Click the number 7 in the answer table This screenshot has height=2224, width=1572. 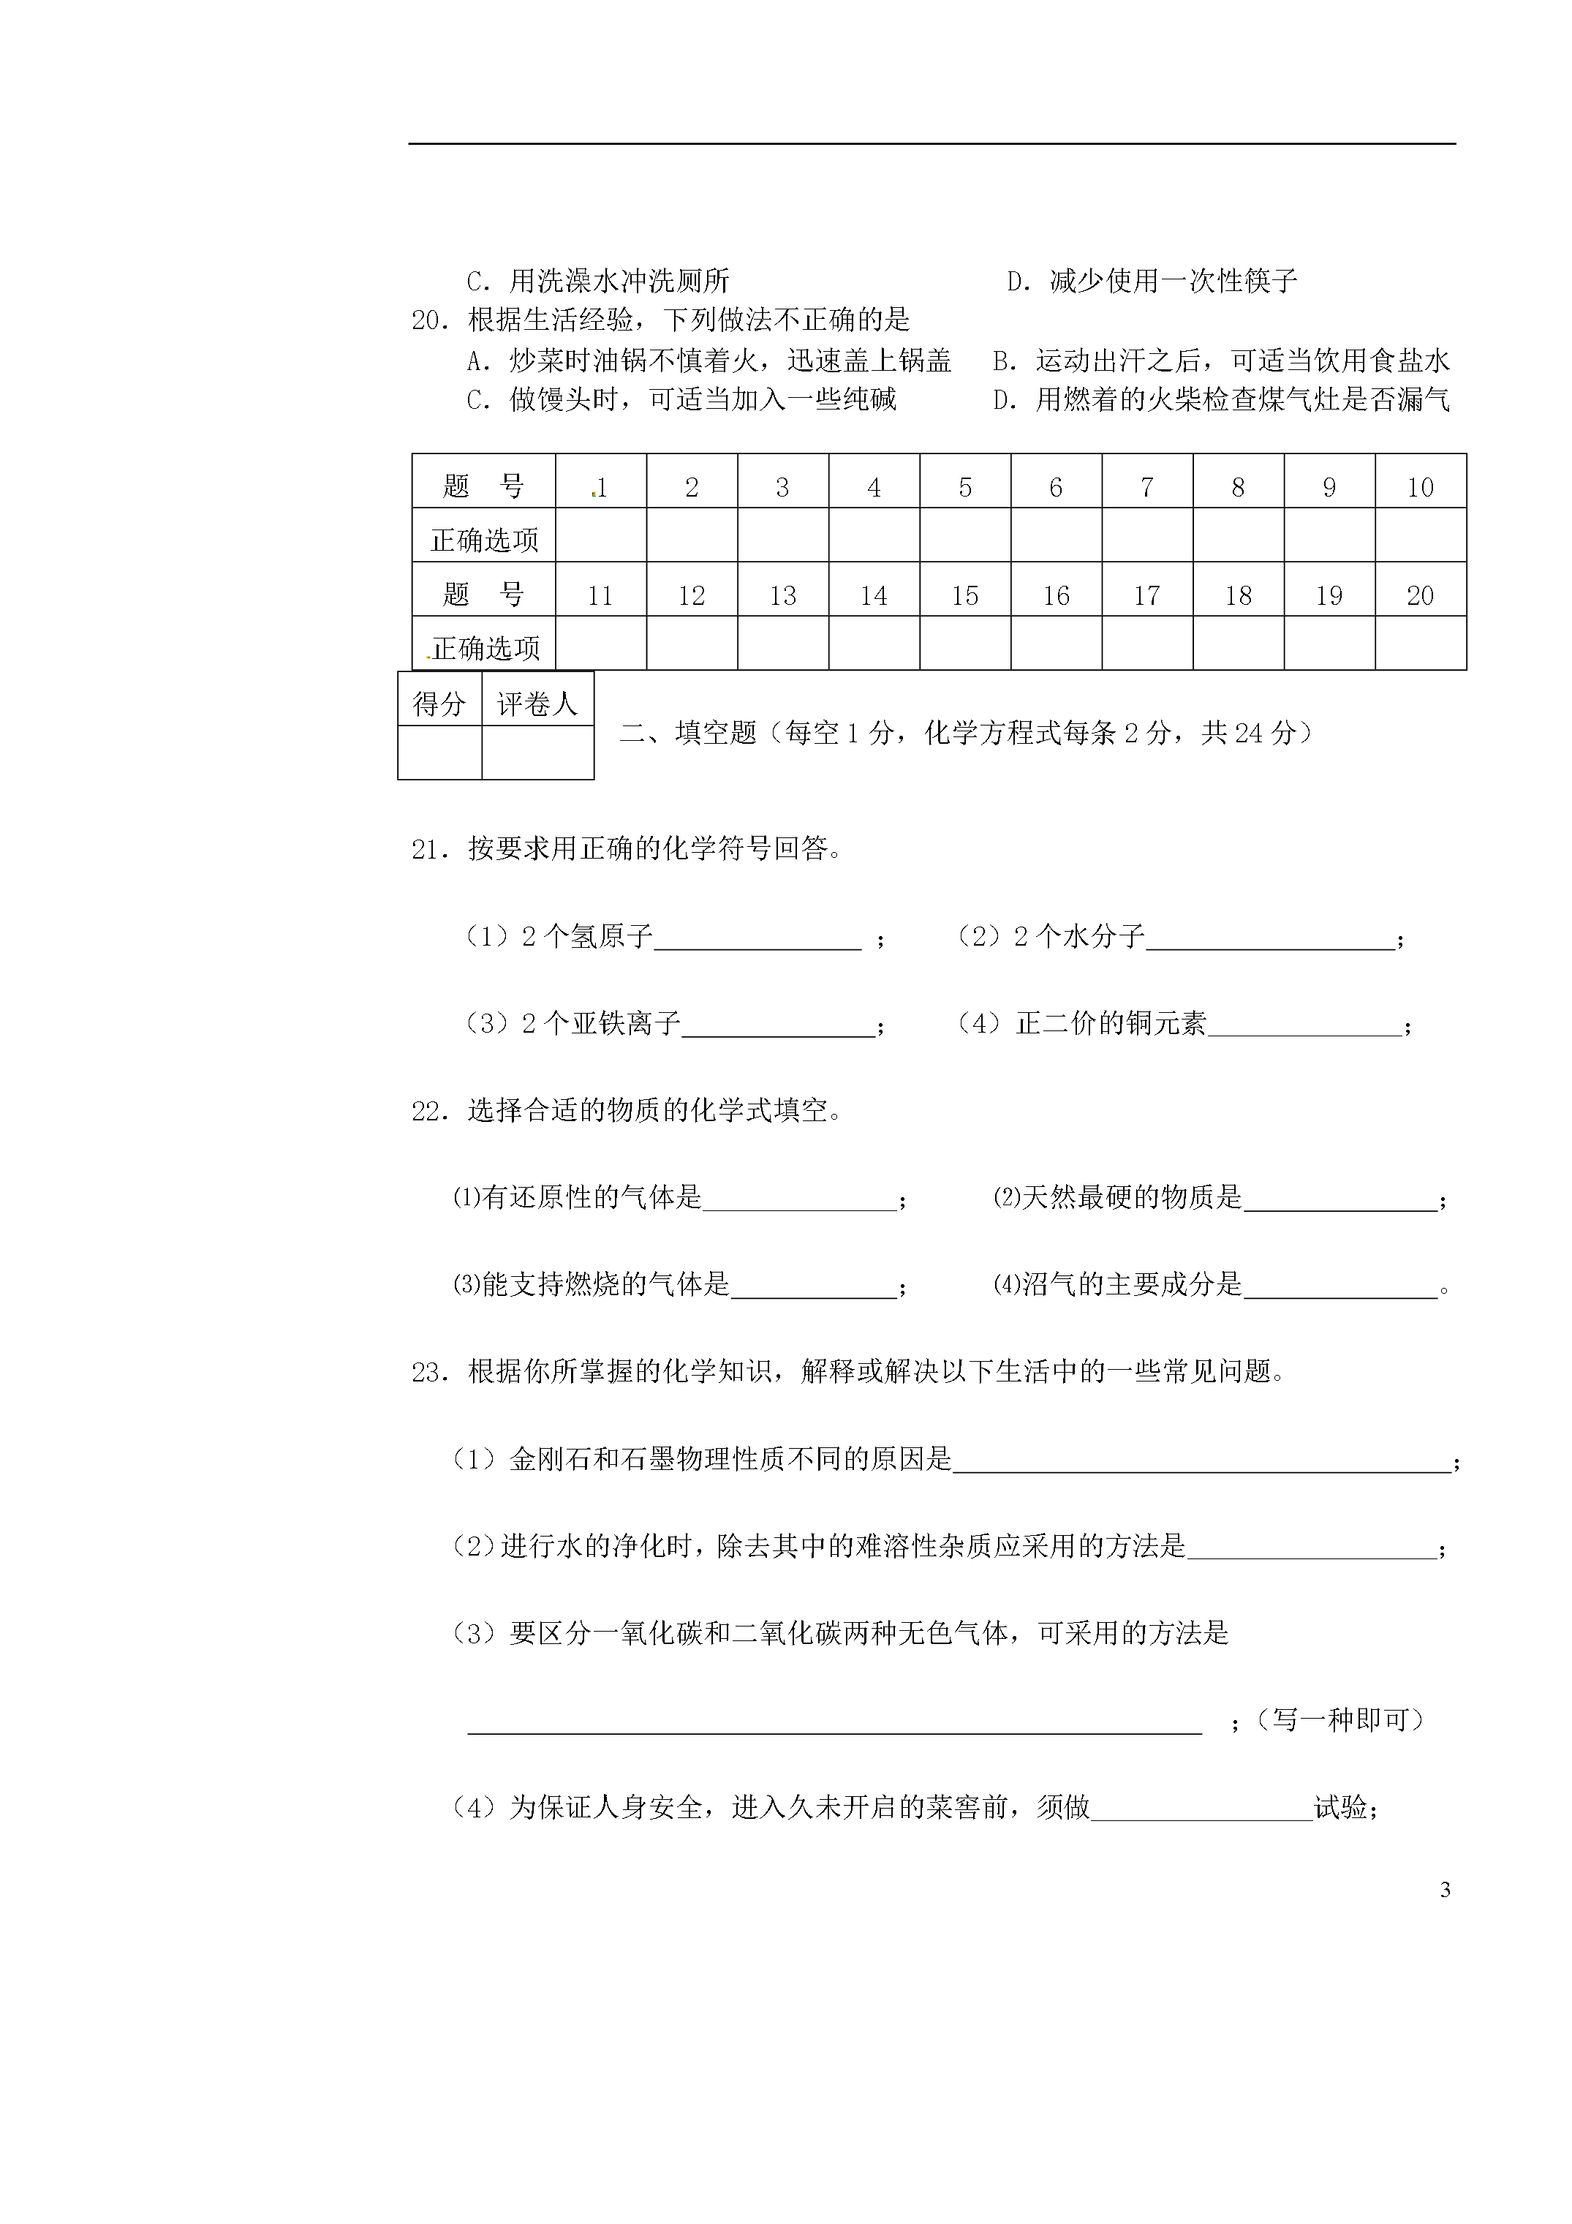1146,487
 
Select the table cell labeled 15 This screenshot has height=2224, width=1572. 964,596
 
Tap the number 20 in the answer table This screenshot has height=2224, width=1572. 1420,596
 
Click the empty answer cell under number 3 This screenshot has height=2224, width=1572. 782,535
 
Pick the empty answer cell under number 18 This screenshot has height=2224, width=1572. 1238,643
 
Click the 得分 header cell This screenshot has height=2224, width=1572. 439,704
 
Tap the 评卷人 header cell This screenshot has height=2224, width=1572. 537,704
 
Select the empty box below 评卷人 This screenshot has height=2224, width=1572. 537,753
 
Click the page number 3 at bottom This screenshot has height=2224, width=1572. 1445,1890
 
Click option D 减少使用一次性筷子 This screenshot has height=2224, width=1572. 1152,282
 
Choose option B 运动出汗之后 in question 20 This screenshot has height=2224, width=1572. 1221,361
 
